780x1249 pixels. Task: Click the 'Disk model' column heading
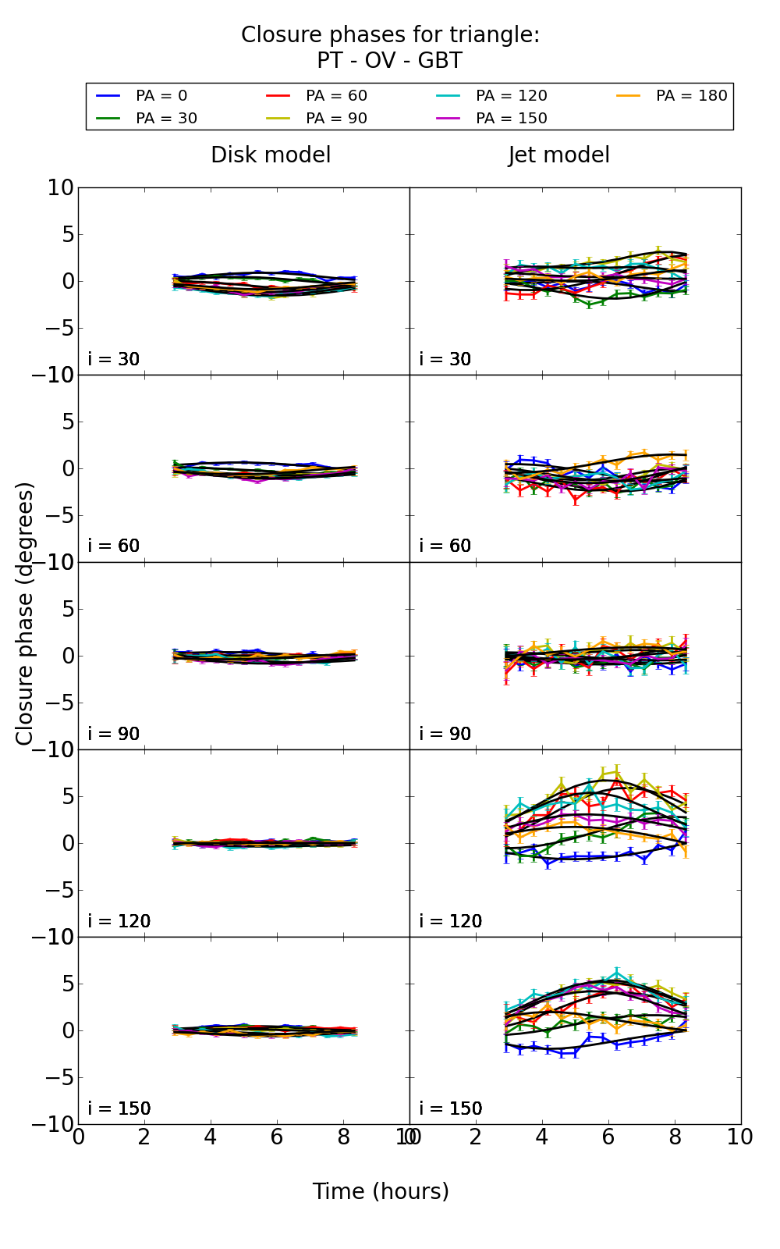(271, 155)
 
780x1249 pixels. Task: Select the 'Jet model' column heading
(558, 155)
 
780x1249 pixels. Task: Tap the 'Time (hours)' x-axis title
(381, 1192)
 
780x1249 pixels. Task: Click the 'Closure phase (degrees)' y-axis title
(25, 614)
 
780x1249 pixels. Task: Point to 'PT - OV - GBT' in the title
(389, 61)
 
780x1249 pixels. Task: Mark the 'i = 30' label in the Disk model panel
(114, 360)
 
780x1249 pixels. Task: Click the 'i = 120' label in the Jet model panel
(451, 922)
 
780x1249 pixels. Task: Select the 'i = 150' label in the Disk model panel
(119, 1109)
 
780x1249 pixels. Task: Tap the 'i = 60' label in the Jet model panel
(445, 546)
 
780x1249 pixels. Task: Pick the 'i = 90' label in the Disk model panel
(114, 735)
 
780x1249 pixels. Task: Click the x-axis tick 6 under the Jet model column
(608, 1137)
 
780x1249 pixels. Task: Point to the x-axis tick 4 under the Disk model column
(211, 1137)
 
